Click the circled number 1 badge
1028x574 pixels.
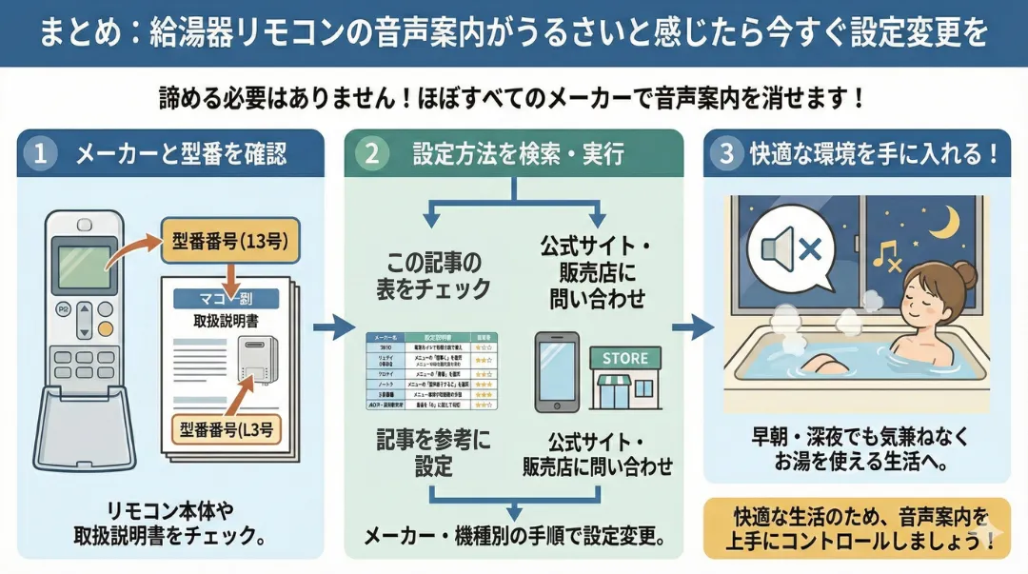tap(40, 153)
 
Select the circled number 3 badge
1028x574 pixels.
tap(727, 153)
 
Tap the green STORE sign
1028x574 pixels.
tap(624, 359)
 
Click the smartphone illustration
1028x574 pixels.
tap(557, 371)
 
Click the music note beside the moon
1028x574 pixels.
tap(886, 252)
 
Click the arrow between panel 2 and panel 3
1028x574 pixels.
tap(692, 329)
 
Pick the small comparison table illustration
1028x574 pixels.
tap(433, 371)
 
